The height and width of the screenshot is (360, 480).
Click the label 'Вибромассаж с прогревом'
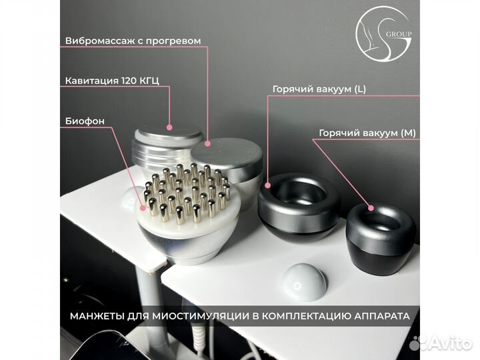point(133,41)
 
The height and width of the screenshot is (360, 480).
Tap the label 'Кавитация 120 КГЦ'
point(112,81)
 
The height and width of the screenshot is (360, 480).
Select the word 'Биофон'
point(85,121)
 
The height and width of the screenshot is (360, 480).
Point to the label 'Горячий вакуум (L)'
point(319,89)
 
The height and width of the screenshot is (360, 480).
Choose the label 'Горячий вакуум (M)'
point(367,133)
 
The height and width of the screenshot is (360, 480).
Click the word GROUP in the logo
point(399,34)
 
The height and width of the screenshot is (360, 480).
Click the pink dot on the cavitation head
point(169,127)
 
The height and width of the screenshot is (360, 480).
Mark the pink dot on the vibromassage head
point(208,143)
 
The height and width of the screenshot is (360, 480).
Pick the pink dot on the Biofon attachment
point(143,208)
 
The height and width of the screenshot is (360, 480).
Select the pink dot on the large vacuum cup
point(268,185)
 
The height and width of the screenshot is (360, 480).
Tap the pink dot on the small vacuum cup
point(371,208)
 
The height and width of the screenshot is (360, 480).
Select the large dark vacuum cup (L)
point(299,209)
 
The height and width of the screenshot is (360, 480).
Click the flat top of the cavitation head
point(169,135)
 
